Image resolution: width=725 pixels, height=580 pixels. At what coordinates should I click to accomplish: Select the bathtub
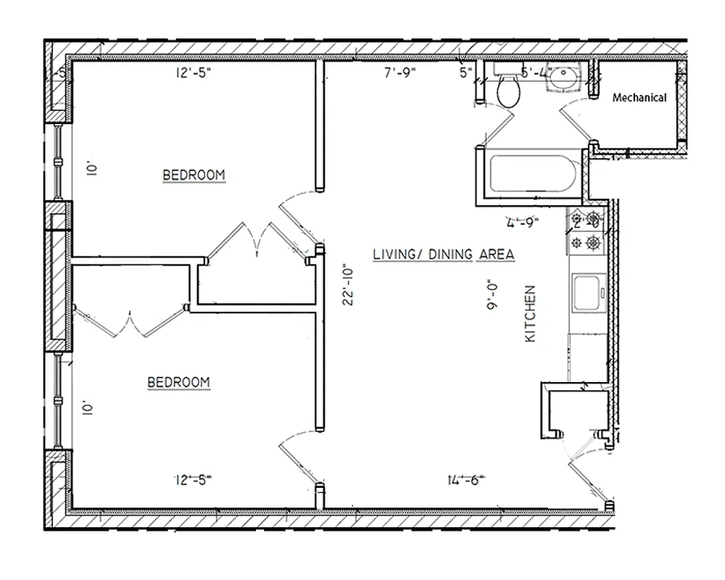pyautogui.click(x=534, y=174)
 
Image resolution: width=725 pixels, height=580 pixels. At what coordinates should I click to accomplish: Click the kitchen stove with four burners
pyautogui.click(x=586, y=230)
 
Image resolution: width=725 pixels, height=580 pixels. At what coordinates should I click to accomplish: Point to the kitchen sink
pyautogui.click(x=588, y=294)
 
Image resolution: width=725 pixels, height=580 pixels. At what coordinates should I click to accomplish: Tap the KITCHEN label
pyautogui.click(x=530, y=314)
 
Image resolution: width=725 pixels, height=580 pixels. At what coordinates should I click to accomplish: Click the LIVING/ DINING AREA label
pyautogui.click(x=443, y=254)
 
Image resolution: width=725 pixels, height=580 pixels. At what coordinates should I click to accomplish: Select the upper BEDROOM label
pyautogui.click(x=194, y=175)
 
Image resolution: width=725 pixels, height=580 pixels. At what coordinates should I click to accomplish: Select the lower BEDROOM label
pyautogui.click(x=179, y=382)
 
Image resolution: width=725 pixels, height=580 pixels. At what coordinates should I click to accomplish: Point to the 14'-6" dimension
pyautogui.click(x=466, y=478)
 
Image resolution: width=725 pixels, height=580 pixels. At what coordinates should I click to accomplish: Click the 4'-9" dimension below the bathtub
pyautogui.click(x=523, y=222)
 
